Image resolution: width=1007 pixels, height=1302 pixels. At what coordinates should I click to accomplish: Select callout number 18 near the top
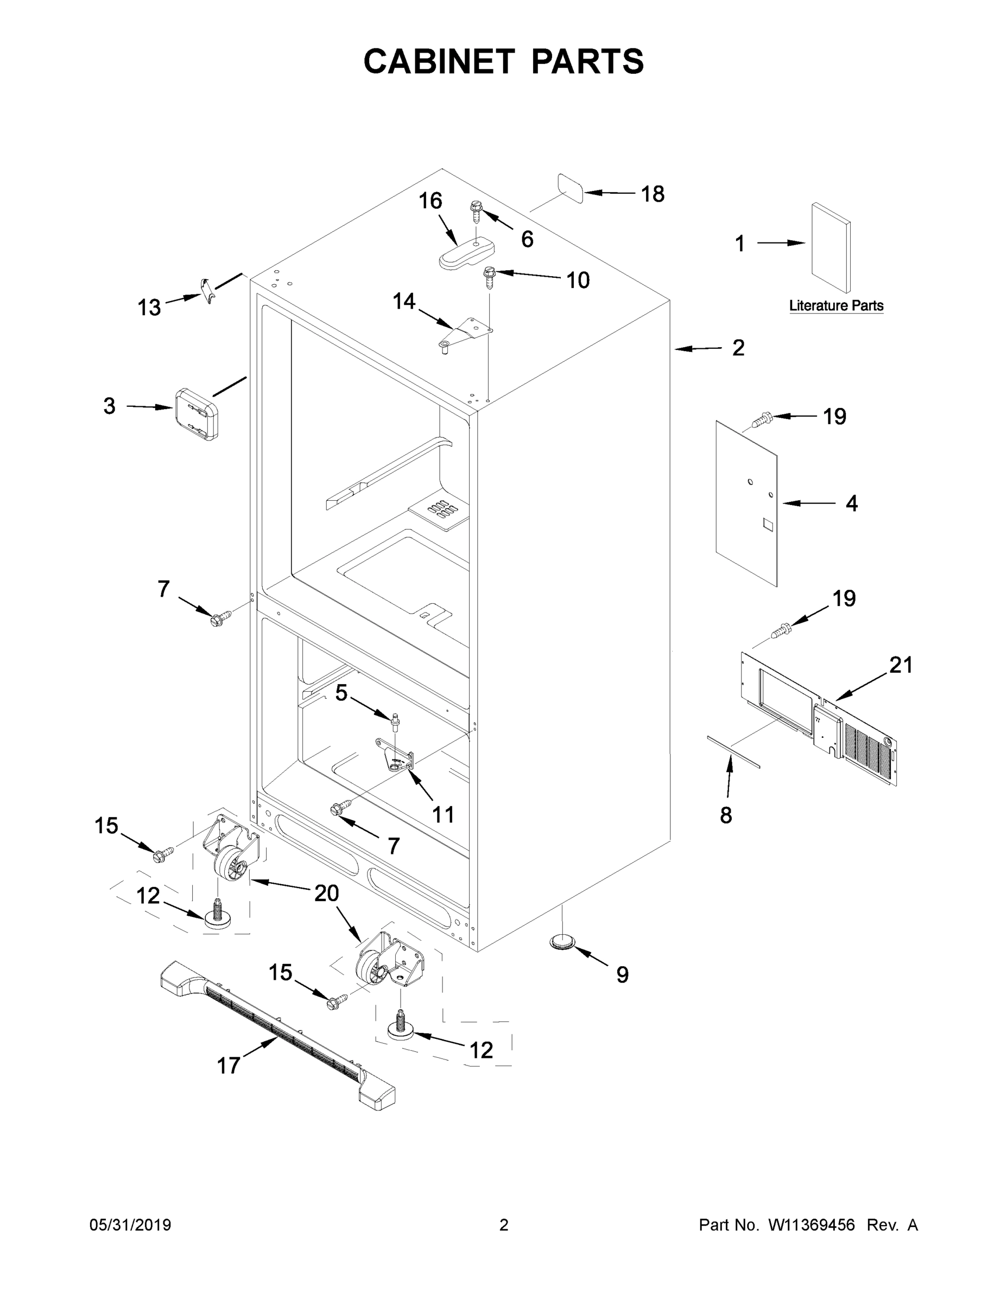click(x=652, y=194)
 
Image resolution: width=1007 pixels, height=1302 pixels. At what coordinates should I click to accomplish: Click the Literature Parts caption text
click(x=836, y=306)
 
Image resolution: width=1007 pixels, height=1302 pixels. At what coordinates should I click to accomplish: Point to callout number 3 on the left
click(x=109, y=406)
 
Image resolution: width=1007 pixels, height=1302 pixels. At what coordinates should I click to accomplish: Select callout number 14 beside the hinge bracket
click(x=404, y=301)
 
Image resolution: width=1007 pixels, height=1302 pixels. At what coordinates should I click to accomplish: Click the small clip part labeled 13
click(x=206, y=289)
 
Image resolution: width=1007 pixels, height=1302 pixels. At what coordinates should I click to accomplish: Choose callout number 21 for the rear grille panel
click(x=901, y=665)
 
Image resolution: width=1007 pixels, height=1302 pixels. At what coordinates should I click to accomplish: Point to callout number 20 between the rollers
click(x=326, y=892)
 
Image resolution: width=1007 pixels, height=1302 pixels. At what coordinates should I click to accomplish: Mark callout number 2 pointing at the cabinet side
click(x=738, y=348)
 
